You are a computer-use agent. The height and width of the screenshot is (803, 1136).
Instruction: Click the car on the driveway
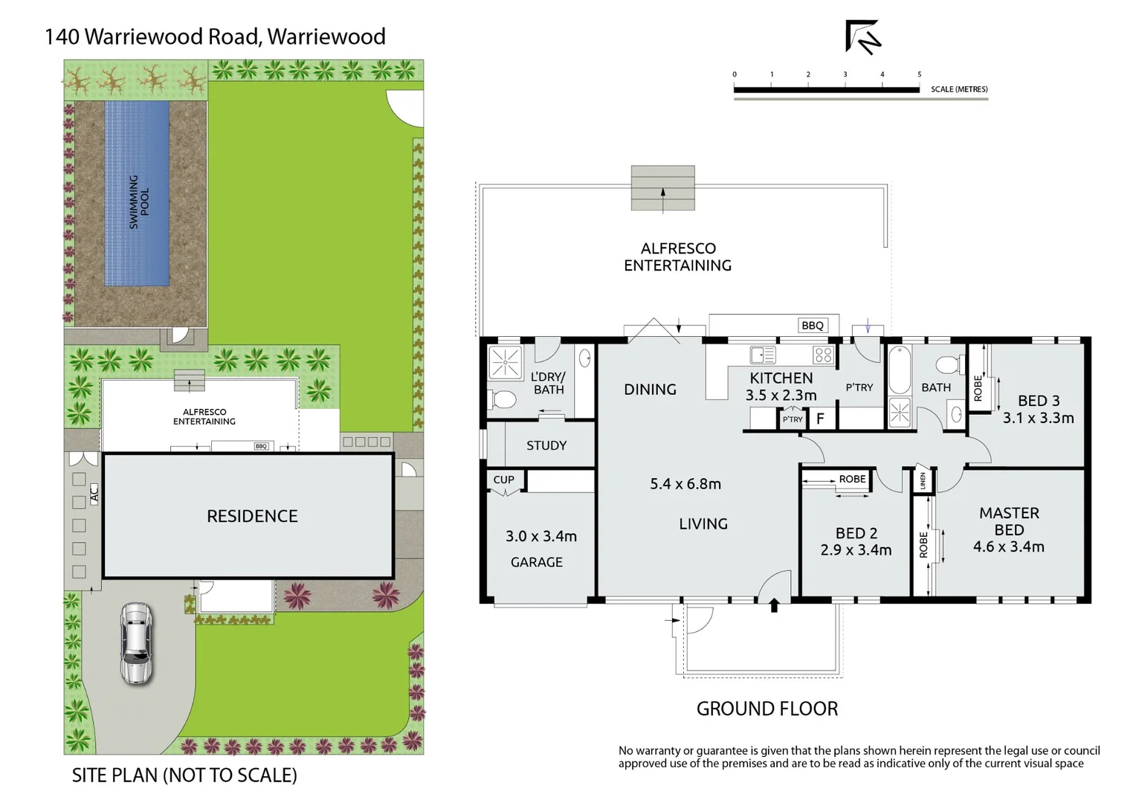point(136,643)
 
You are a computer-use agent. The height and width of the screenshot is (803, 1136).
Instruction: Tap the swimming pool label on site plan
point(139,201)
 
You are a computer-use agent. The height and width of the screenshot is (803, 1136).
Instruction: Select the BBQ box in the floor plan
point(812,325)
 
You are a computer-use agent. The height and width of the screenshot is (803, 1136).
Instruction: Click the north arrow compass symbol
point(862,36)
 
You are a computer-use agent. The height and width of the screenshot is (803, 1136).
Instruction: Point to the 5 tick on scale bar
point(919,74)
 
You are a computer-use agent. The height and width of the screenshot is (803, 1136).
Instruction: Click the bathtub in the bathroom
point(899,370)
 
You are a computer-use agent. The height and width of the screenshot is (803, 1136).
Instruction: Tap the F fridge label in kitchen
point(820,419)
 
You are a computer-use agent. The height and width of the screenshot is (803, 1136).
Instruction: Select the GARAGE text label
point(536,562)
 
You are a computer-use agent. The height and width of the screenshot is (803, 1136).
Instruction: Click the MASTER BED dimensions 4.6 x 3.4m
point(1008,547)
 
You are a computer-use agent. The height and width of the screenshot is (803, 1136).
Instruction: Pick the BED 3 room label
point(1038,401)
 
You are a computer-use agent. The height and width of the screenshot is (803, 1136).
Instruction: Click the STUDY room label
point(546,445)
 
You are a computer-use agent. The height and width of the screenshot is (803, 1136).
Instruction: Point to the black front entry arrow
point(774,605)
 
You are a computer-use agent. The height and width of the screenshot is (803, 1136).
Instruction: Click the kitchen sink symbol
point(762,355)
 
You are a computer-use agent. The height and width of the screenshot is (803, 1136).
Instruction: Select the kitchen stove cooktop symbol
point(822,355)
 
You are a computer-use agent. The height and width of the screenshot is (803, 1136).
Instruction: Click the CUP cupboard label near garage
point(503,480)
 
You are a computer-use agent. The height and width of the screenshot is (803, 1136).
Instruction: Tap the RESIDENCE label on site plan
point(252,516)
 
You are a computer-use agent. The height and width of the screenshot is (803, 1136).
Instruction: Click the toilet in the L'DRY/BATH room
point(503,400)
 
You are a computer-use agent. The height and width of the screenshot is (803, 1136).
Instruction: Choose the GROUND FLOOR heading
point(767,709)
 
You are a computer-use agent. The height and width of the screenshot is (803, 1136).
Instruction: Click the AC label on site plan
point(94,494)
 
